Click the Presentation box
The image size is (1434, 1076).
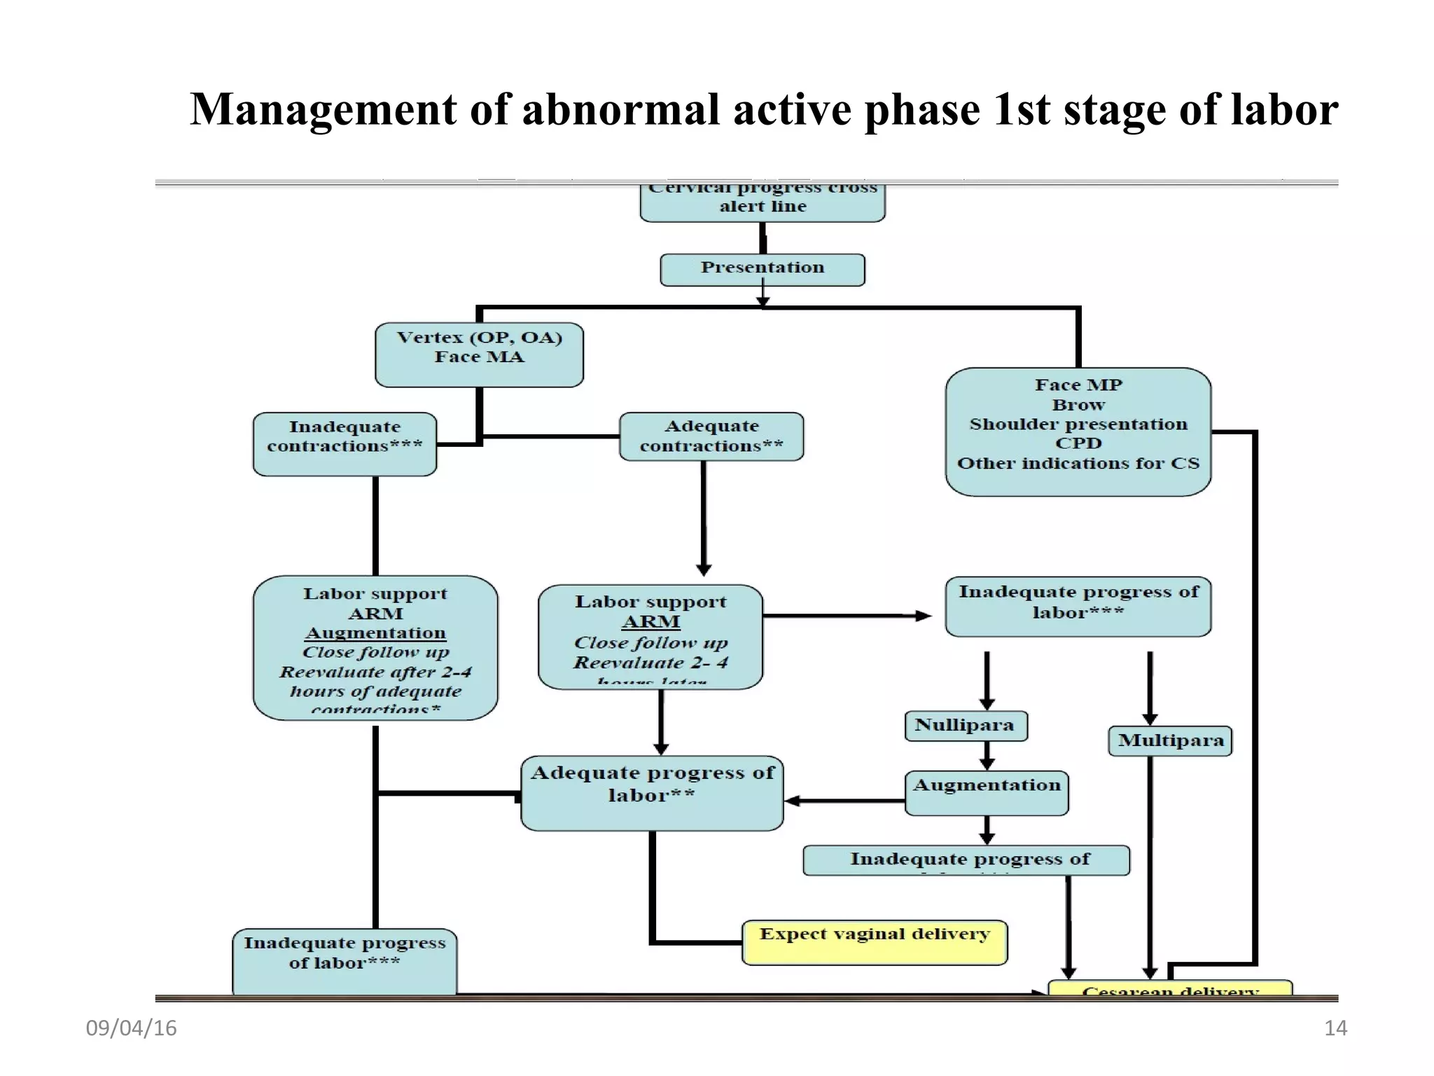coord(763,269)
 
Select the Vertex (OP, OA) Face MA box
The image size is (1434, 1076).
coord(479,354)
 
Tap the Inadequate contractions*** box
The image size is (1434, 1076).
coord(344,443)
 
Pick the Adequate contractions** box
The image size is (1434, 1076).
coord(711,436)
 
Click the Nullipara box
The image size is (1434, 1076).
coord(966,726)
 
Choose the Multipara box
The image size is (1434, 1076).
coord(1170,740)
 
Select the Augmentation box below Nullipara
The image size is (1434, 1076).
coord(987,793)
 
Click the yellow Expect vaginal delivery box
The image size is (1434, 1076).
coord(875,942)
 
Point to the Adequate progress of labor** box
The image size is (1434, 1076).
coord(652,792)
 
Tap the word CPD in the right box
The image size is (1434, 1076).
coord(1078,443)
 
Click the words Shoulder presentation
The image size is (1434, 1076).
coord(1078,425)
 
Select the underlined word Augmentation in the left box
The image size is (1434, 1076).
coord(375,633)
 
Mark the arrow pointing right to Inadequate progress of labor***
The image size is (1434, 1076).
coord(847,616)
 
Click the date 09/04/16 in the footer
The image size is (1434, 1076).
coord(131,1028)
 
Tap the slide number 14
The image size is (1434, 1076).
coord(1335,1028)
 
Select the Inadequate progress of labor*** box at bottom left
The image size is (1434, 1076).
coord(344,960)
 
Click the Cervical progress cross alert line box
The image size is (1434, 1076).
coord(763,202)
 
